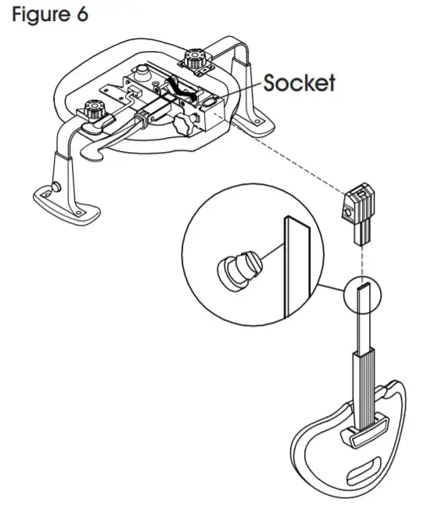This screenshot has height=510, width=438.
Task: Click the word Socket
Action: click(x=299, y=83)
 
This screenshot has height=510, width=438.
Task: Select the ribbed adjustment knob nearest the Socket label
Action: click(x=193, y=57)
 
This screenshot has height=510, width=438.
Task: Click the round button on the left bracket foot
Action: click(x=57, y=186)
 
